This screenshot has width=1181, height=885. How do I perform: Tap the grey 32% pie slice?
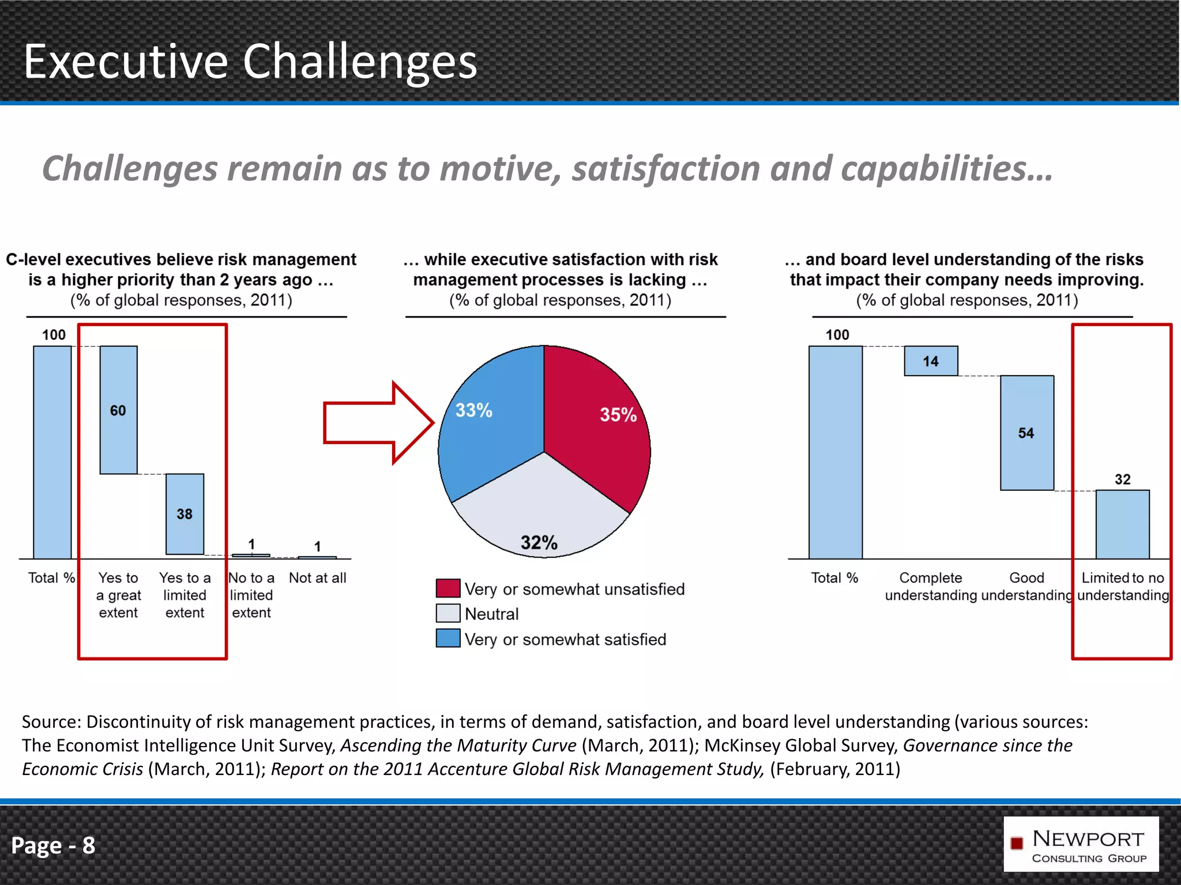tap(539, 513)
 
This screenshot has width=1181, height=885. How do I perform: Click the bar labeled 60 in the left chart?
tap(118, 410)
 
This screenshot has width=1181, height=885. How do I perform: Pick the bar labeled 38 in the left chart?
tap(185, 513)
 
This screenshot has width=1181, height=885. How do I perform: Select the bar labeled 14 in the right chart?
tap(931, 361)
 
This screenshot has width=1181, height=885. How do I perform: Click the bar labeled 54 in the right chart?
tap(1026, 433)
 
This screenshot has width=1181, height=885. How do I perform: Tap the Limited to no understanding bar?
tap(1122, 524)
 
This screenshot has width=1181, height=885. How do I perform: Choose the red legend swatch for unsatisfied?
tap(448, 588)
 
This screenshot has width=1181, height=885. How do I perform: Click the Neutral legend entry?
tap(491, 614)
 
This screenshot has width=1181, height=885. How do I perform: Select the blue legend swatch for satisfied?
tap(448, 638)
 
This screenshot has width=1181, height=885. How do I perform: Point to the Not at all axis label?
tap(317, 578)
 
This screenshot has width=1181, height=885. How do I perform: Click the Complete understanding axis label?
tap(930, 586)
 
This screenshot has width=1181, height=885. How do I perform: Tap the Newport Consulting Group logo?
tap(1081, 844)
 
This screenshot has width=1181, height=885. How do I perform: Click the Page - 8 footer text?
tap(53, 845)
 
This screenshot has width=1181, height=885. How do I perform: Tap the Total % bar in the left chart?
tap(52, 452)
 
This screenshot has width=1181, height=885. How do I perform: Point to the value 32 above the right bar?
tap(1122, 479)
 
